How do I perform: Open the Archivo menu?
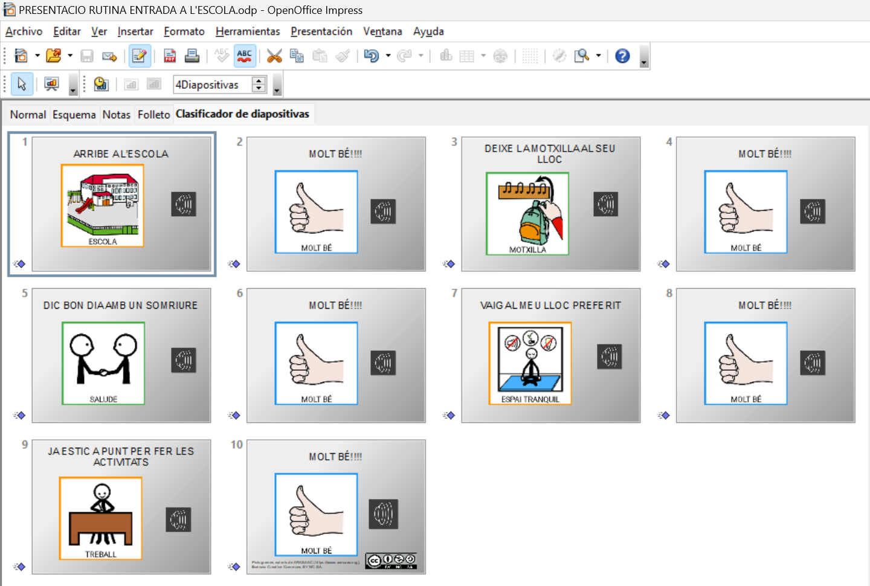24,31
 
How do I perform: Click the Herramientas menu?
248,31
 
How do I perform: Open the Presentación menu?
321,31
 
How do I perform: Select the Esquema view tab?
74,114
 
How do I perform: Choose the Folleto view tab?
153,114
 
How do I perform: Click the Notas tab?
116,114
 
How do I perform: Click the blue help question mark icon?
622,56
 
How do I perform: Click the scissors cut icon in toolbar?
274,56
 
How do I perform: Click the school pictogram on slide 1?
103,205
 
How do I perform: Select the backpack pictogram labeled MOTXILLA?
527,213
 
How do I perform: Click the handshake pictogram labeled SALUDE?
103,362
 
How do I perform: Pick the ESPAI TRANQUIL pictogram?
530,362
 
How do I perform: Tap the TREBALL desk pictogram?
101,518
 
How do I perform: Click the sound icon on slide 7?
609,357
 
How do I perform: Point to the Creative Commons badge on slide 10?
391,561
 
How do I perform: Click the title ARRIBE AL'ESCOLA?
121,154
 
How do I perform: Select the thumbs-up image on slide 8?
746,362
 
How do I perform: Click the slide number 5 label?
25,293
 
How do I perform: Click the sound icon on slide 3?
605,204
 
